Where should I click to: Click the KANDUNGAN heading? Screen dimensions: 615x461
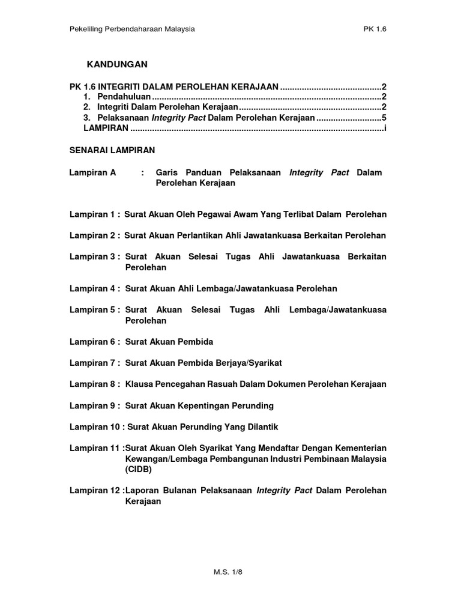(x=117, y=64)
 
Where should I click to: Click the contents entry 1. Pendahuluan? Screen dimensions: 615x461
(x=118, y=97)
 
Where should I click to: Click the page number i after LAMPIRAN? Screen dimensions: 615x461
(x=384, y=129)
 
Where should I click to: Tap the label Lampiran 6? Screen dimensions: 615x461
(x=94, y=342)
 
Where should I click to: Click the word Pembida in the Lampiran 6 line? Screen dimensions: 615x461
(x=195, y=342)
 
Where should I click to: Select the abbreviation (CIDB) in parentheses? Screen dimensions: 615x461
(x=139, y=470)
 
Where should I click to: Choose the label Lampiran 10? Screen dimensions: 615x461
(x=97, y=426)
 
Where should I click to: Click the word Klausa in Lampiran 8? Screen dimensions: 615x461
(x=139, y=384)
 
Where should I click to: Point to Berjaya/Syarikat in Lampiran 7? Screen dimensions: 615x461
(x=244, y=363)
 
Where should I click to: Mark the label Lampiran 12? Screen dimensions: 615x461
(x=97, y=491)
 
